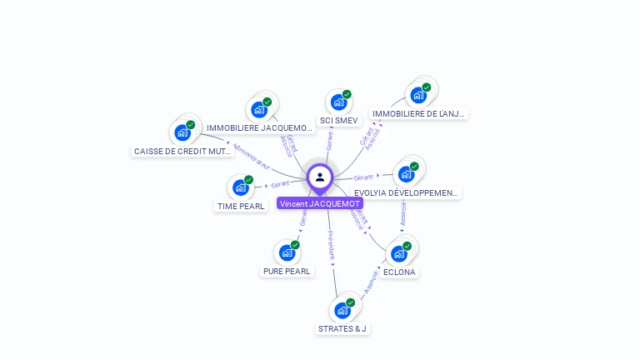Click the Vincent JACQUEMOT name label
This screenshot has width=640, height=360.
point(320,203)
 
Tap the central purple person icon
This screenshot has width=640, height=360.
point(320,177)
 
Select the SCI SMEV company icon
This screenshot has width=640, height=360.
point(338,102)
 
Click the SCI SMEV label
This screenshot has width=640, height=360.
point(338,121)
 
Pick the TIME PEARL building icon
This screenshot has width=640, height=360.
point(241,187)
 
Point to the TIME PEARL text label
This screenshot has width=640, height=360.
point(242,206)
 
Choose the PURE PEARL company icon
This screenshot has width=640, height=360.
point(287,252)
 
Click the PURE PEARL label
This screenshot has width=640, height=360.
point(287,271)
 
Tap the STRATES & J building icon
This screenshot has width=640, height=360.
point(342,310)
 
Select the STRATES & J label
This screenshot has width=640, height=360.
point(342,328)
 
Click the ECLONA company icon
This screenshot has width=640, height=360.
point(398,253)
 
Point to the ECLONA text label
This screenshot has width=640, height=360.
point(399,272)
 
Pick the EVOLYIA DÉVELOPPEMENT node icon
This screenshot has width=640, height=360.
point(406,174)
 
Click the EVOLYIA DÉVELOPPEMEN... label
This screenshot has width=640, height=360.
point(407,192)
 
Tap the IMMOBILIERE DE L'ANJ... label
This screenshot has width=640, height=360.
point(419,113)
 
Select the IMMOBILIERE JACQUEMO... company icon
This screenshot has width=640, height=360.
point(259,109)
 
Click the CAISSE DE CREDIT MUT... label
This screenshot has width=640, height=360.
point(182,151)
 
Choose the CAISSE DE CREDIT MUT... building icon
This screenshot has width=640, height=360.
point(182,132)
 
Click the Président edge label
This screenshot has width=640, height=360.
point(331,247)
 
